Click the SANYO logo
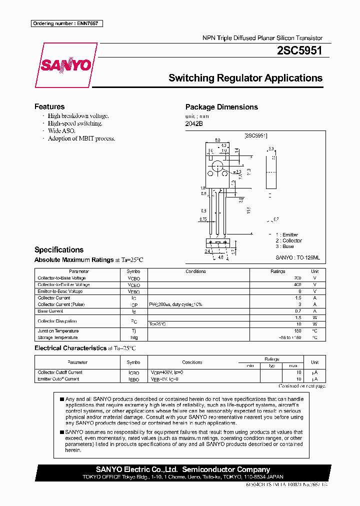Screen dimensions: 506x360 click(65, 65)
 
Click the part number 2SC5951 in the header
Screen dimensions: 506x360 click(299, 50)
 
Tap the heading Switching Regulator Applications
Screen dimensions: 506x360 click(245, 78)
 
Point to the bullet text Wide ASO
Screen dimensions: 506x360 click(61, 130)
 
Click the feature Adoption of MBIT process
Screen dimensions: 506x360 click(81, 138)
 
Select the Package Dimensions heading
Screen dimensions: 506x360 click(221, 107)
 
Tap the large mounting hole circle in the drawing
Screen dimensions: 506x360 click(217, 166)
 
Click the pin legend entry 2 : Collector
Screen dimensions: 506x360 click(288, 240)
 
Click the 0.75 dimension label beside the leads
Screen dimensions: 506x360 click(202, 219)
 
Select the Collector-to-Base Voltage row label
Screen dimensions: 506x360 click(61, 278)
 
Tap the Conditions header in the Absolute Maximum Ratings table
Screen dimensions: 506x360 click(195, 271)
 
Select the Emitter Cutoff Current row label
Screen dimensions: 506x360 click(58, 379)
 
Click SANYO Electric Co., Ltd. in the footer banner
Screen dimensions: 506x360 click(136, 469)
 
